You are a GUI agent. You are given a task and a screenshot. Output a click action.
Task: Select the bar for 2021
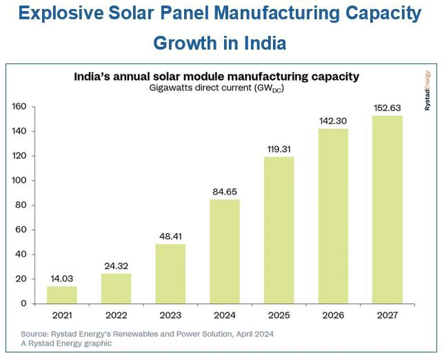tap(62, 294)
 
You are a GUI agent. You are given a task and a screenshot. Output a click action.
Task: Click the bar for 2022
tap(116, 288)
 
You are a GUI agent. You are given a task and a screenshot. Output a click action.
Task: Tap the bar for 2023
tap(170, 274)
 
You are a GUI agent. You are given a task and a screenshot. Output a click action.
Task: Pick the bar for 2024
tap(225, 251)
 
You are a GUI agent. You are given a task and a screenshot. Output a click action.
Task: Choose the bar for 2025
tap(279, 230)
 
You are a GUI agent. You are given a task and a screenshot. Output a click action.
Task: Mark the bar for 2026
tap(333, 216)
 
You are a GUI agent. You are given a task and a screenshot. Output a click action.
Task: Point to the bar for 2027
tap(387, 210)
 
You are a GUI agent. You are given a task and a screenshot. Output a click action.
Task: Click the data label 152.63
tap(387, 107)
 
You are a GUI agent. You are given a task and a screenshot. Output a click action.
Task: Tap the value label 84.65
tap(225, 190)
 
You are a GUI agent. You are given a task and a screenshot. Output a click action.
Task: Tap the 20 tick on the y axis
tap(21, 279)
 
